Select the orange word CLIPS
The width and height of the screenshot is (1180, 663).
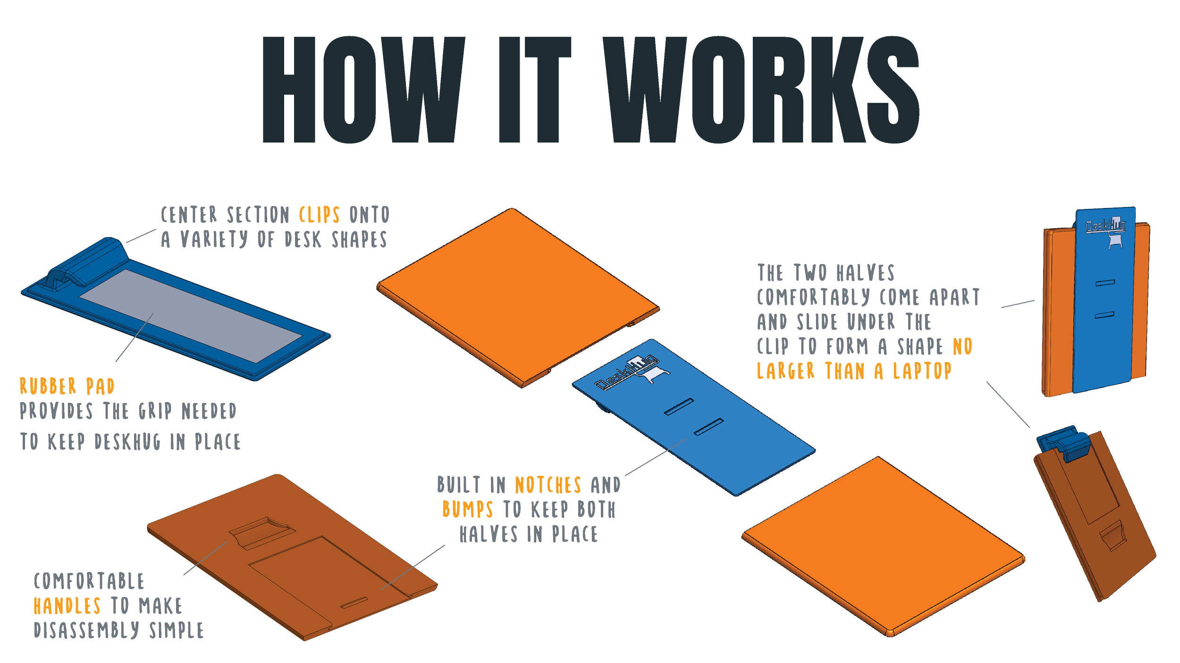(319, 215)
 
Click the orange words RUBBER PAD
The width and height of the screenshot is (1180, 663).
(67, 387)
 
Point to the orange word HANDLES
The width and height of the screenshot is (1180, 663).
(67, 606)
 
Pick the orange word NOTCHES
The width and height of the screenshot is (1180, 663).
(548, 485)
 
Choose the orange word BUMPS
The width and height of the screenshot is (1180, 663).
(468, 510)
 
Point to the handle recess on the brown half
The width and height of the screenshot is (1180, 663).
(262, 533)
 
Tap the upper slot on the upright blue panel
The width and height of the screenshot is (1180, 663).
(1105, 283)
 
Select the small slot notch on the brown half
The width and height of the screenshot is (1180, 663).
(354, 603)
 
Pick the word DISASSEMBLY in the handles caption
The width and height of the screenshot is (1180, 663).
(86, 630)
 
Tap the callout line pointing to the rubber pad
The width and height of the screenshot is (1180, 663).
(135, 337)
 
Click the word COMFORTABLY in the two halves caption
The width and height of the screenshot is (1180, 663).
(813, 298)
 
